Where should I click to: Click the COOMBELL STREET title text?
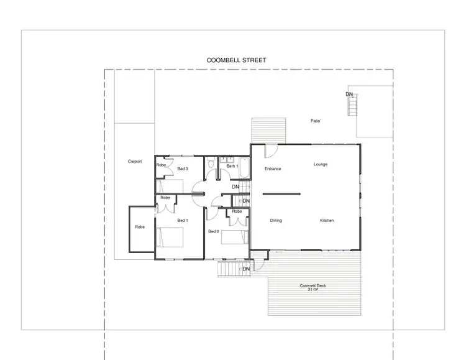click(236, 60)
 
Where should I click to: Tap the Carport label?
click(135, 162)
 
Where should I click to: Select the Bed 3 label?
click(183, 168)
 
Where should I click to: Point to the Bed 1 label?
click(182, 221)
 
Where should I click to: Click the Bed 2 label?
click(213, 231)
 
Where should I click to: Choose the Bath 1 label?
click(231, 166)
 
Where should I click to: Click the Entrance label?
click(273, 168)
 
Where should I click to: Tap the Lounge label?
click(320, 164)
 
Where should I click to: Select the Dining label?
click(276, 221)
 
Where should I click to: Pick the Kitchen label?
click(327, 221)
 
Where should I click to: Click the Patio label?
click(316, 121)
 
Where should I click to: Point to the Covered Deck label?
click(313, 287)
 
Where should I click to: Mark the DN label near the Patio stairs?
click(349, 94)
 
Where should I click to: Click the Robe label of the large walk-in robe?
click(140, 227)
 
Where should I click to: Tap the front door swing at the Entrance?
click(270, 151)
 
